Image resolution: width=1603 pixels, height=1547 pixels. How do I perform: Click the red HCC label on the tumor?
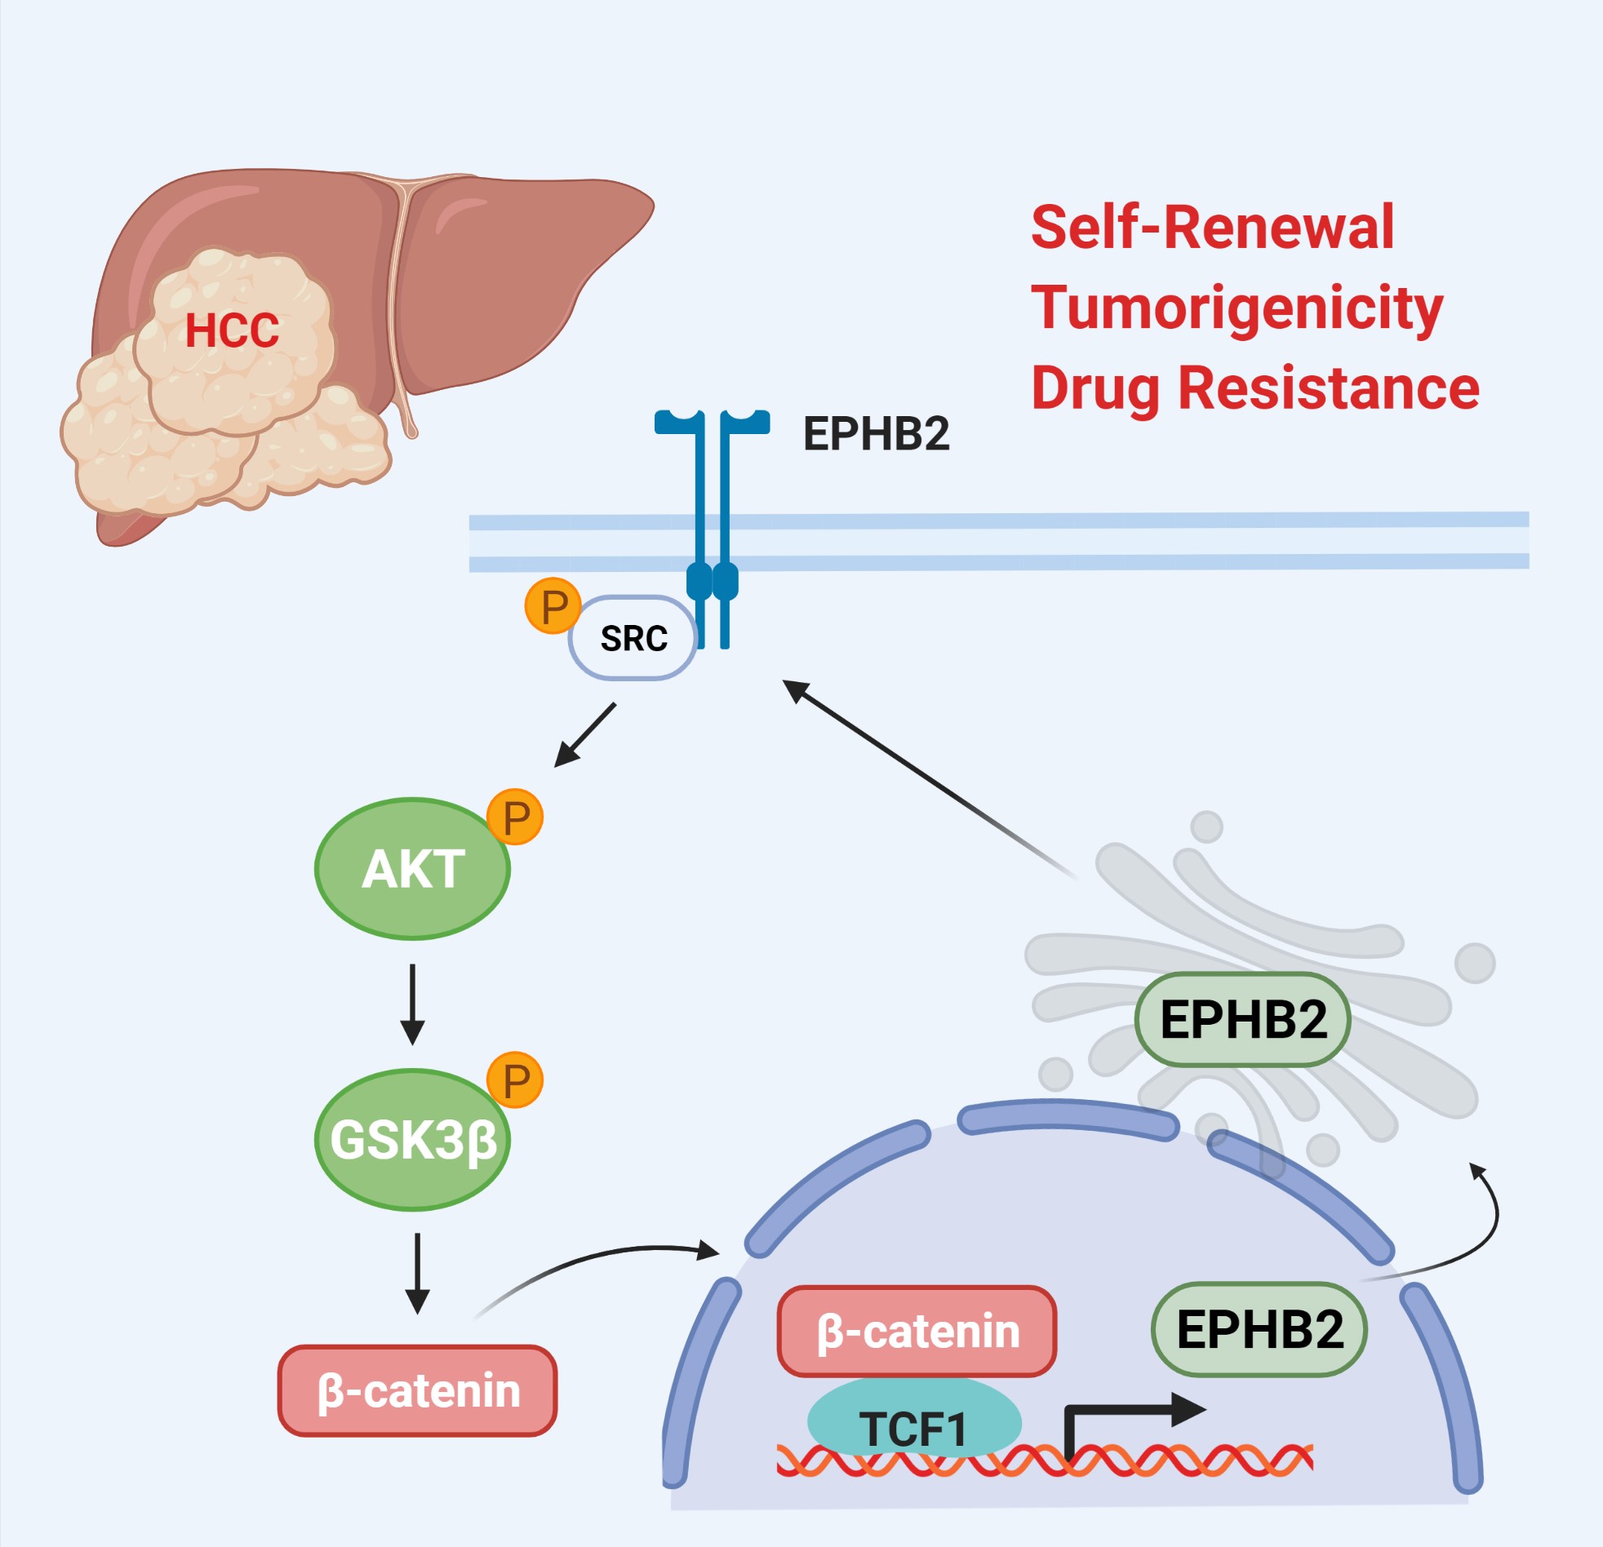(x=233, y=330)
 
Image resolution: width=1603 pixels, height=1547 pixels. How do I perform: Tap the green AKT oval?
(x=413, y=868)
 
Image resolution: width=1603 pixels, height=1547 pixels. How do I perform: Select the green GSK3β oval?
(x=413, y=1140)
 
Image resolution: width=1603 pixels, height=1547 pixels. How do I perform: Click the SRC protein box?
(x=633, y=638)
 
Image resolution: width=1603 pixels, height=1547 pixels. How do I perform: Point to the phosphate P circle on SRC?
(x=553, y=606)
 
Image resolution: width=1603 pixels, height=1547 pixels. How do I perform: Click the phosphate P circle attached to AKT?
(x=515, y=817)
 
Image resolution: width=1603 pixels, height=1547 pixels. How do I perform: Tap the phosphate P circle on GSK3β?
(x=515, y=1080)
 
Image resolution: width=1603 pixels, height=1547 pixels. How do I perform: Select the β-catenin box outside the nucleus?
(x=418, y=1391)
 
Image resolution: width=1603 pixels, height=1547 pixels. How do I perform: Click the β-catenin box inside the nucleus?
(x=917, y=1331)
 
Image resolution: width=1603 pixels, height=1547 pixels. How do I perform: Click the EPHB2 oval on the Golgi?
(x=1242, y=1020)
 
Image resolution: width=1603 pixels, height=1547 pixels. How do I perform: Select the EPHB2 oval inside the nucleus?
(x=1259, y=1328)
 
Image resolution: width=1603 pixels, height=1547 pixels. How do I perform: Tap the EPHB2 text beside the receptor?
(x=876, y=433)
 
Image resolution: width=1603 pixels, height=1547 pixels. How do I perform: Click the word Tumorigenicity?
(x=1237, y=309)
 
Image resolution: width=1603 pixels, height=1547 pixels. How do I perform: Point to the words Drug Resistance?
(x=1254, y=388)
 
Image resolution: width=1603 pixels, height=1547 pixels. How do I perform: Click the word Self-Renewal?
(x=1212, y=228)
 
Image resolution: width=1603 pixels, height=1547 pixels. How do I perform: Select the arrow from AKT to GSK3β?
(x=412, y=1004)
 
